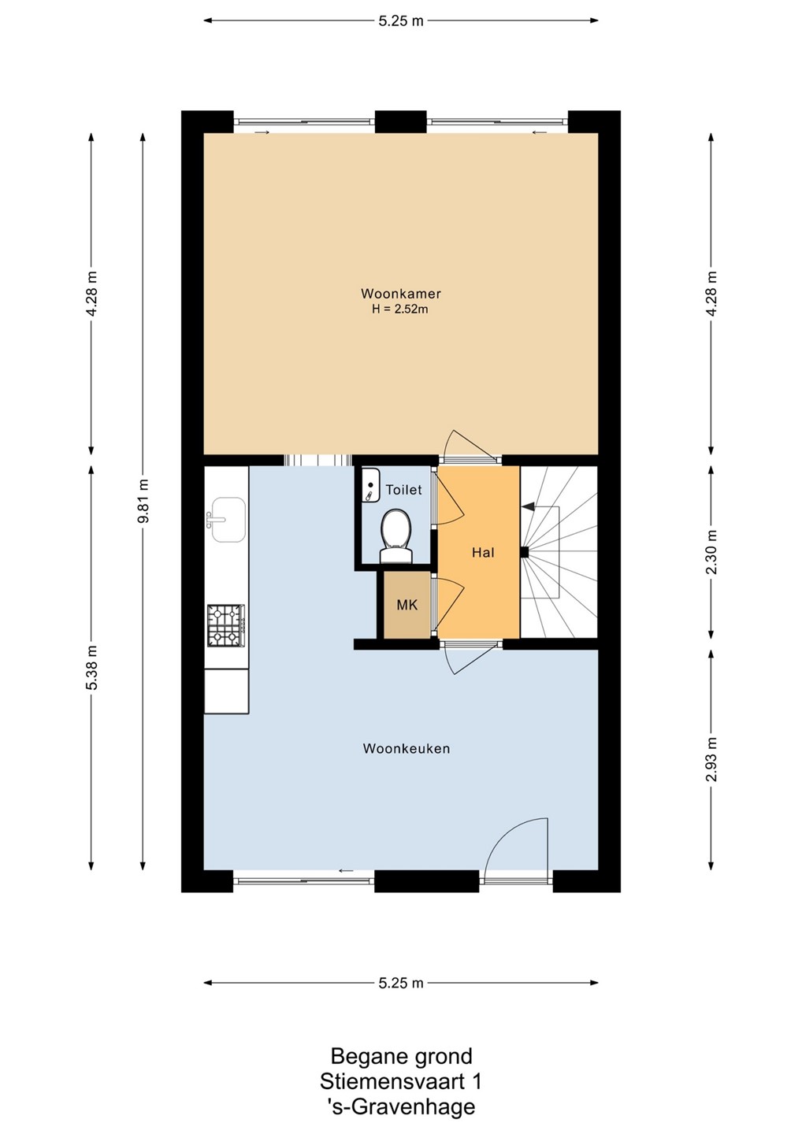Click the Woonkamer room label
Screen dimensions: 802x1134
tap(400, 293)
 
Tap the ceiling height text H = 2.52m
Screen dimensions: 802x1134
tap(400, 309)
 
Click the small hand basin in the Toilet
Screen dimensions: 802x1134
tap(370, 485)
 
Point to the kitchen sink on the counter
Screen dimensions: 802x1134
tap(228, 520)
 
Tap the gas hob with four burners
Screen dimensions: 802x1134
tap(226, 625)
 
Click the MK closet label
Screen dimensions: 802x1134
tap(407, 605)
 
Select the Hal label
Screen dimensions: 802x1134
tap(482, 552)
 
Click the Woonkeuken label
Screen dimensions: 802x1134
tap(406, 748)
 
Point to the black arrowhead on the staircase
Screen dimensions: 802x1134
tap(527, 506)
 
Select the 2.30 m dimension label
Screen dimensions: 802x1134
tap(711, 552)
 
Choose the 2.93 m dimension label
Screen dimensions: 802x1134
tap(711, 759)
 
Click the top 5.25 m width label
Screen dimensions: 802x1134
tap(400, 20)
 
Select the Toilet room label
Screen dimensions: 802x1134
tap(403, 490)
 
